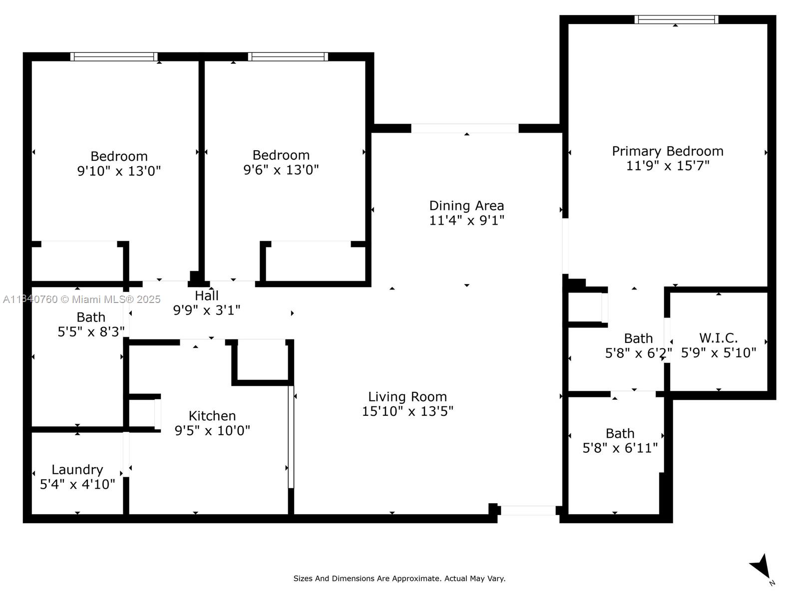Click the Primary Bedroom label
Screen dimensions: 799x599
pos(667,151)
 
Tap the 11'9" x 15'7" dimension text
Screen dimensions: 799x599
pos(668,166)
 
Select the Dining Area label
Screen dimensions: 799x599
pos(466,206)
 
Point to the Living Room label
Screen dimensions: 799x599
pos(407,396)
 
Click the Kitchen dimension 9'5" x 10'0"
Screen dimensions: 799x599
pos(212,431)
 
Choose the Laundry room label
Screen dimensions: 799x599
pos(77,470)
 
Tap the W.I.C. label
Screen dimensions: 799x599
pos(718,338)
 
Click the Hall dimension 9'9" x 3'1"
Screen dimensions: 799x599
pos(206,310)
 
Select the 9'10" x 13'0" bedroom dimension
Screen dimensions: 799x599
pos(119,171)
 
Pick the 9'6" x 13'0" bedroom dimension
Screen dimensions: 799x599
pos(281,170)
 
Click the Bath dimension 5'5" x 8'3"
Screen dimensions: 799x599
pos(91,331)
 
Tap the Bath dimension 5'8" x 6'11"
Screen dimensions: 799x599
pos(620,448)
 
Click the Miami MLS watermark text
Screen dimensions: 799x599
pos(81,299)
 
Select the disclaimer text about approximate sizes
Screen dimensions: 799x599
pos(399,578)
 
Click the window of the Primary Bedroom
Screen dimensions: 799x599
pos(676,19)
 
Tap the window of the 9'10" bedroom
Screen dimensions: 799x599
pos(114,57)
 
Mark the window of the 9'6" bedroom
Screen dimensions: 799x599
pos(288,57)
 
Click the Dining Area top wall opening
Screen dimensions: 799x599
pos(465,128)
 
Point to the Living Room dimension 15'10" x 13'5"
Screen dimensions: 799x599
pos(407,411)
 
